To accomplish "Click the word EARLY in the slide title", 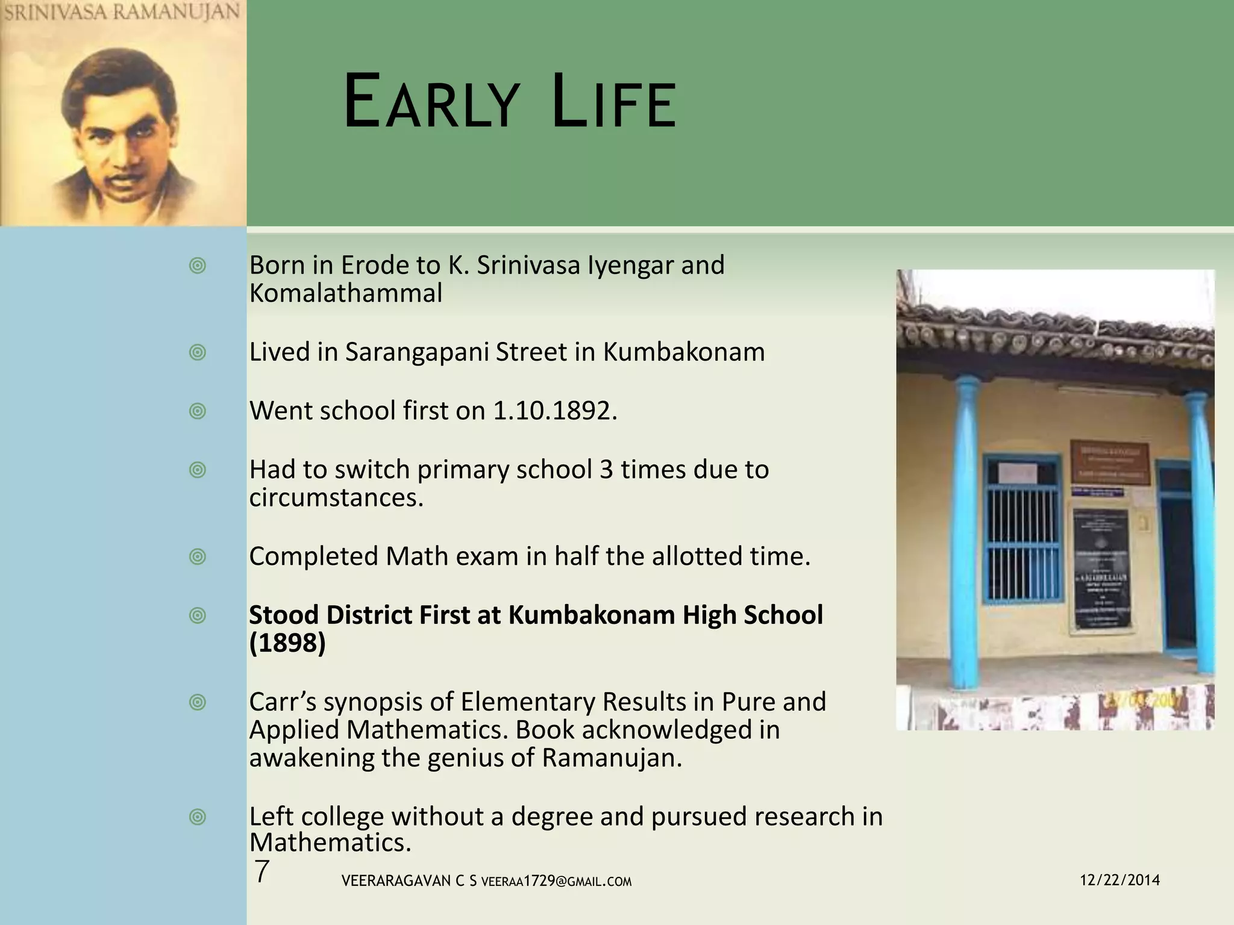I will pos(430,102).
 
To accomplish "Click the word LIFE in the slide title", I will pos(614,102).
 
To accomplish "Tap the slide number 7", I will pos(261,872).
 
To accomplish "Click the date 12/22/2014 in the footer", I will pos(1120,880).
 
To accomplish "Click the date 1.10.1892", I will pos(554,411).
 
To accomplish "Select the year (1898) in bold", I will pos(287,643).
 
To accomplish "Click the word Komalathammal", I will pos(345,293).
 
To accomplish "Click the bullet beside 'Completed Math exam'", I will pos(197,556).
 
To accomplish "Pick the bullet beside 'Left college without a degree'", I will pos(197,817).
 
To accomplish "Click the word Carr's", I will pos(282,702).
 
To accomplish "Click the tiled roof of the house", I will pos(1054,337).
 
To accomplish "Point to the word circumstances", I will pos(336,498).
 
